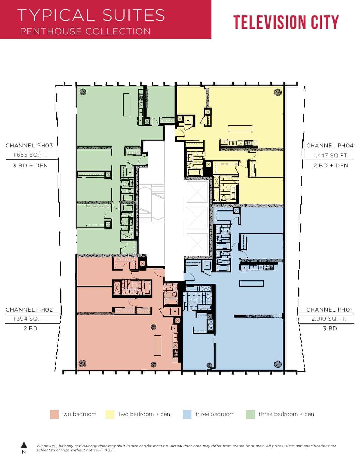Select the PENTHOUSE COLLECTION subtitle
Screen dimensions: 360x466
click(85, 32)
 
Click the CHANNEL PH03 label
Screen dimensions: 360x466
click(29, 146)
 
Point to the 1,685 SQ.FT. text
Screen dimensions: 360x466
click(30, 155)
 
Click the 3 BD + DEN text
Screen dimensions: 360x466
click(30, 166)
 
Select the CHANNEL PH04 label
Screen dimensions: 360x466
click(330, 146)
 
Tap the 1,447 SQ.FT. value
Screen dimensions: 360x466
click(331, 156)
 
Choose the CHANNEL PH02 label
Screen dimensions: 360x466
click(29, 310)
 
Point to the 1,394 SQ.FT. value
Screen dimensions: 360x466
click(30, 319)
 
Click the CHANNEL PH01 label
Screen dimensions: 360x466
click(329, 310)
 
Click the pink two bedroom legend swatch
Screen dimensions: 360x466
click(54, 414)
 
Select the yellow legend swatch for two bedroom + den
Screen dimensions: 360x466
click(110, 414)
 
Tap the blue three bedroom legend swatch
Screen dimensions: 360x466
click(187, 414)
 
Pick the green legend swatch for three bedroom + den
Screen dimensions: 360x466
click(250, 414)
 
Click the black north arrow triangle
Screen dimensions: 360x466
click(24, 445)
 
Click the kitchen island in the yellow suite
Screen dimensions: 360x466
click(240, 129)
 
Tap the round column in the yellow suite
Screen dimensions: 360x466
click(278, 92)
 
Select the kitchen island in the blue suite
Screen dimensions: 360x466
click(252, 283)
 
